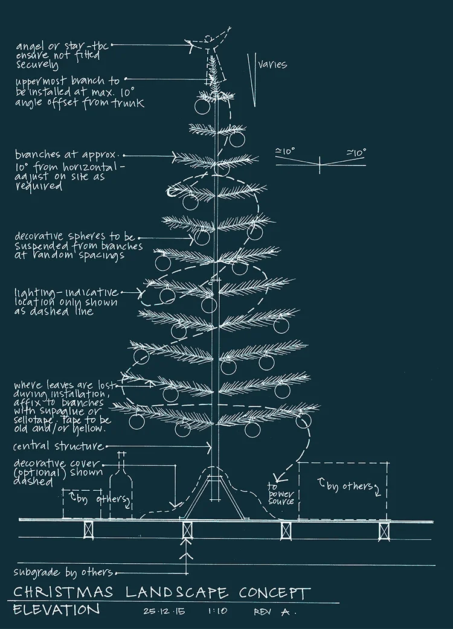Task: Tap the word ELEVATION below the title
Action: click(x=56, y=610)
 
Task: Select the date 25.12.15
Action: click(x=165, y=611)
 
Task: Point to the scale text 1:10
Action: click(x=217, y=611)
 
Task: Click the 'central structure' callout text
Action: click(x=58, y=447)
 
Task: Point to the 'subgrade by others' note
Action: click(x=63, y=572)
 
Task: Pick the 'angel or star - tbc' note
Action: click(x=62, y=45)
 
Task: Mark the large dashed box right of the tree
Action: click(x=342, y=490)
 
